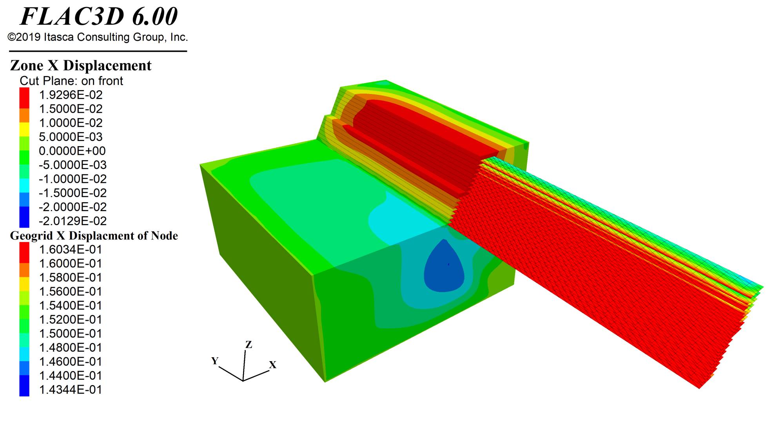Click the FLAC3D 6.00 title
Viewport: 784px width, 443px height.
click(99, 16)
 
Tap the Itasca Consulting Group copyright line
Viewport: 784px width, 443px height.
click(98, 37)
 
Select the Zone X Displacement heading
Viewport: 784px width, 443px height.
click(81, 65)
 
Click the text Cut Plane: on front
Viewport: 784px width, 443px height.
click(71, 81)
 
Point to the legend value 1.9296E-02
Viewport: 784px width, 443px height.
click(71, 95)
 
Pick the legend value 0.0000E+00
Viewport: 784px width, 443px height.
click(72, 151)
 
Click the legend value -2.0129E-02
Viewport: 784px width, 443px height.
click(73, 221)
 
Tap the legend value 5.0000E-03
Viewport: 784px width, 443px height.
click(71, 137)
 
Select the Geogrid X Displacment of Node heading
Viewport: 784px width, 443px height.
click(94, 235)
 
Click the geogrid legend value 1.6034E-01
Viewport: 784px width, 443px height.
click(71, 250)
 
